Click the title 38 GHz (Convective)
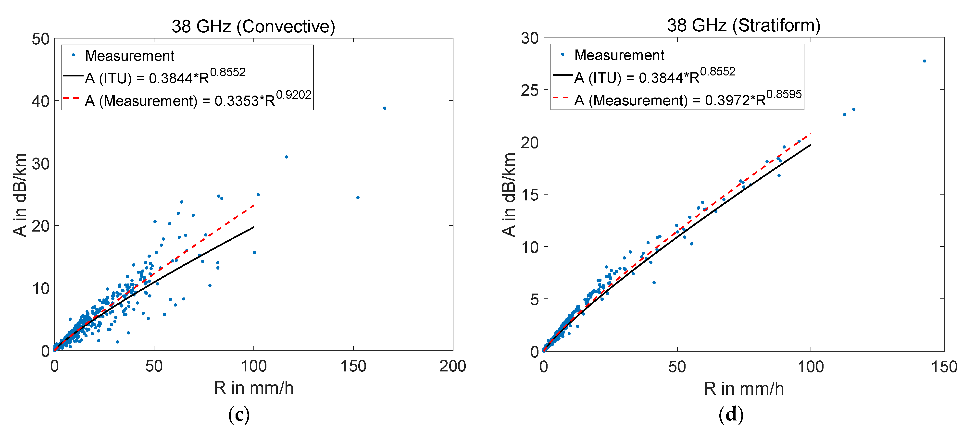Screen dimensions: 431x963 253,26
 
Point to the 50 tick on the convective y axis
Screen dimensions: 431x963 41,39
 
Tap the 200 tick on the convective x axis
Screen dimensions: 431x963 452,366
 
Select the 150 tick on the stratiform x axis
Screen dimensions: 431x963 944,367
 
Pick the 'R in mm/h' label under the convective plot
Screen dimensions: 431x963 253,388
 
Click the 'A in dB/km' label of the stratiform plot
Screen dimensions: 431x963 509,194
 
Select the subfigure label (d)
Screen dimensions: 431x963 731,414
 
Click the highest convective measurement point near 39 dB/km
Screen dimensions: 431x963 385,108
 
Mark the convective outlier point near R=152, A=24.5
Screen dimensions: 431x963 358,198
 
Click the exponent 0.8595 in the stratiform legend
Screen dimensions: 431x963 784,94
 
